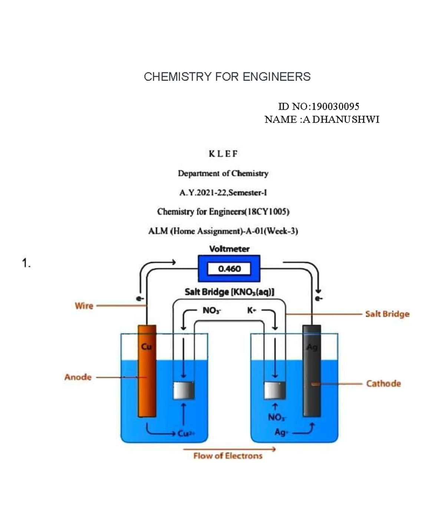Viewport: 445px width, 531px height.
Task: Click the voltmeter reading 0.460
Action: point(229,269)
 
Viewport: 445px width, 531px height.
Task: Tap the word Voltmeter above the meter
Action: point(229,249)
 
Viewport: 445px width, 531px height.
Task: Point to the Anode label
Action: point(78,377)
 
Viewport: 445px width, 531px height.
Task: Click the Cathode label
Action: point(383,383)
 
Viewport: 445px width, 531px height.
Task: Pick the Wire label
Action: point(84,306)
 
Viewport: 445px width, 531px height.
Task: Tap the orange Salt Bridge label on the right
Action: point(387,314)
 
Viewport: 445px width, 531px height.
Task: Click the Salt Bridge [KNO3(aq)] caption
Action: point(230,292)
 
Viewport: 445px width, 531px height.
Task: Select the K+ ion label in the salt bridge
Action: point(252,310)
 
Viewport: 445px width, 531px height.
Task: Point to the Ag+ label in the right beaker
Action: point(281,432)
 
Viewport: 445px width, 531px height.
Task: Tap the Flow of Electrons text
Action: point(228,456)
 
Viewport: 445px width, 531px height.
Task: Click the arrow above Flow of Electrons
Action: point(229,449)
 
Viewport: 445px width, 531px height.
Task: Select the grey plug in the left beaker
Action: point(184,390)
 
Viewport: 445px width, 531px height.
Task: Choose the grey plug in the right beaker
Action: point(274,390)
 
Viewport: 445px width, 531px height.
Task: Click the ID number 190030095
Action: point(335,107)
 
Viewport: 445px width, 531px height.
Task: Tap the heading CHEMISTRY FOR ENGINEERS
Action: point(227,77)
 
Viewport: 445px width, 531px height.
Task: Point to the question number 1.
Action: point(26,264)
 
